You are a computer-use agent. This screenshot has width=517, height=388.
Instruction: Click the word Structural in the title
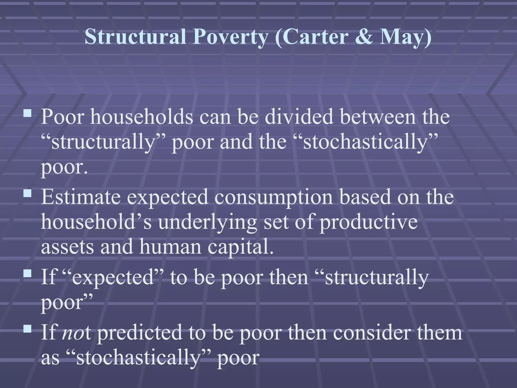pos(135,37)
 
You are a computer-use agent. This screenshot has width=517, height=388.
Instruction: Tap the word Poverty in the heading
pos(230,37)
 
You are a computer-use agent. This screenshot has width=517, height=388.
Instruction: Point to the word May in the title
pos(402,37)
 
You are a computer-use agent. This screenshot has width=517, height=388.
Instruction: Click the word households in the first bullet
pos(141,117)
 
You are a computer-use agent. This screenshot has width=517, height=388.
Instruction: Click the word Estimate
pos(81,197)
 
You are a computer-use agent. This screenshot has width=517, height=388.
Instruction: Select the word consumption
pos(274,197)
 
